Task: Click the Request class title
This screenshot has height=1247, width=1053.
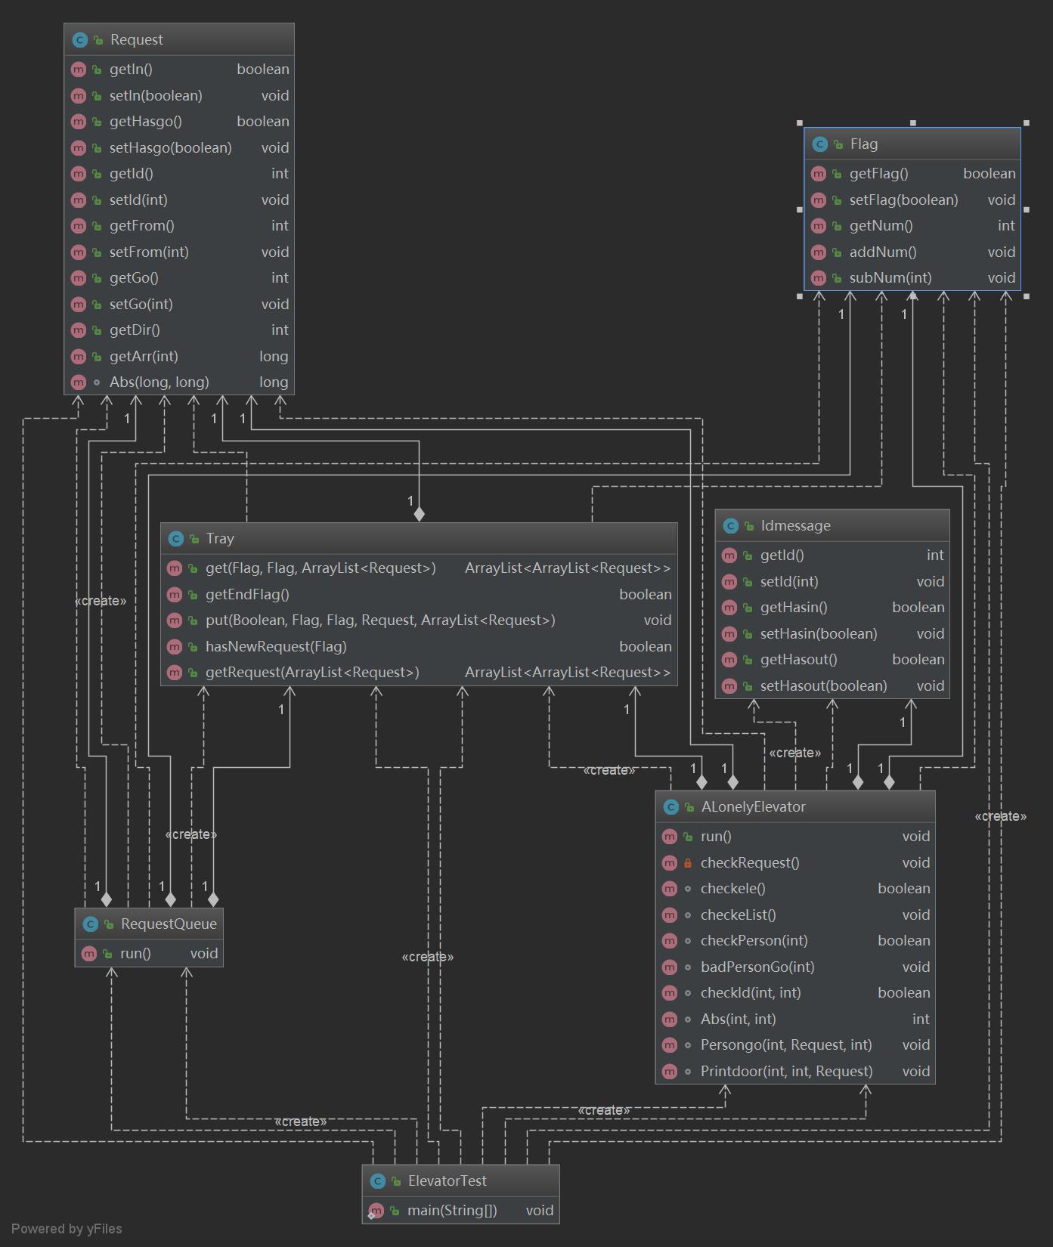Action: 136,40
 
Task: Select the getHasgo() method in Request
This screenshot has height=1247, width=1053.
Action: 145,122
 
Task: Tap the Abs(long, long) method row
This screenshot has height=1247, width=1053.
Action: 159,382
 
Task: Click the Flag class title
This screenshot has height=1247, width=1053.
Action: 863,144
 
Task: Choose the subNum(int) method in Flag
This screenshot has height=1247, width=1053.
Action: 890,278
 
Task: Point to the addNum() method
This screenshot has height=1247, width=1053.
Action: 882,252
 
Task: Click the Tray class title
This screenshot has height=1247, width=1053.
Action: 219,539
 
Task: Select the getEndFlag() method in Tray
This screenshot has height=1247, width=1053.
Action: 247,595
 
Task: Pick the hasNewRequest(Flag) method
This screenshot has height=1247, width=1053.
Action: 276,647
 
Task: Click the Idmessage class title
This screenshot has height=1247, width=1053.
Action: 795,526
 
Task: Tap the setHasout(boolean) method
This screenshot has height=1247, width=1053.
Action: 823,686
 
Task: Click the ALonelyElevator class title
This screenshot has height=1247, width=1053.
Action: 753,807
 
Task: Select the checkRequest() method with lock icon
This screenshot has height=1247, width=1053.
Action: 749,863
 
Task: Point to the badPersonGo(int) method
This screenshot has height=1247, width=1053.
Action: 757,967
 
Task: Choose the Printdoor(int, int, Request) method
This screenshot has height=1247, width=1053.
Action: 786,1072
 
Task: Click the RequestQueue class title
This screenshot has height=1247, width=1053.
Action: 168,924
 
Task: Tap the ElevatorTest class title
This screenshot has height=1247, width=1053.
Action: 447,1181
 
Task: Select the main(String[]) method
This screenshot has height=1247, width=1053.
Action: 452,1211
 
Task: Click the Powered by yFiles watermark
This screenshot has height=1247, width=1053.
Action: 67,1229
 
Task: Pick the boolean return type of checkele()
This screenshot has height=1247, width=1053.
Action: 903,889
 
